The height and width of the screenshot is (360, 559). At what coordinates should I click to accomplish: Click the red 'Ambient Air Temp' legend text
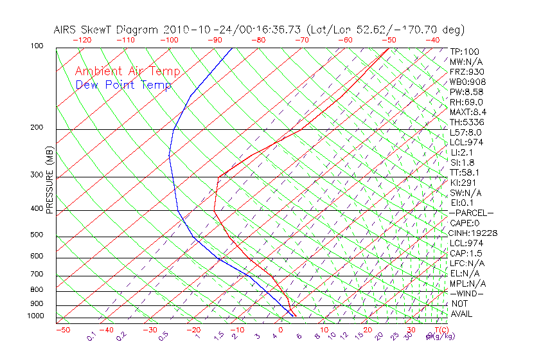tap(127, 71)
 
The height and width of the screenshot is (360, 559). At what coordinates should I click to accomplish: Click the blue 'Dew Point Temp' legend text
tap(123, 85)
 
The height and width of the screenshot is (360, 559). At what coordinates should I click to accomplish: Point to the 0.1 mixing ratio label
tap(92, 336)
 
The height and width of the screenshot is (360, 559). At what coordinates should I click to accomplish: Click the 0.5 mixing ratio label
tap(164, 336)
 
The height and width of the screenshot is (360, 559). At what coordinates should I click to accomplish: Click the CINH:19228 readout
tap(474, 233)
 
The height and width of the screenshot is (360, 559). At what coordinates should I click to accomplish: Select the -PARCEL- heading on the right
tap(471, 213)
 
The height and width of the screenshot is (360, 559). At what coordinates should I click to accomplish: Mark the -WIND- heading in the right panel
tap(466, 293)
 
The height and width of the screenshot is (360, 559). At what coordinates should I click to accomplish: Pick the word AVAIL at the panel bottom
tap(465, 314)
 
